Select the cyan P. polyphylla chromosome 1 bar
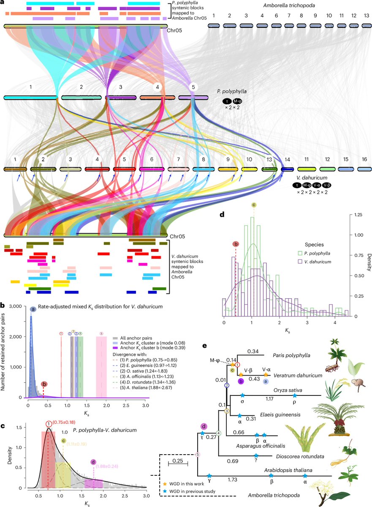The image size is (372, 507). pyautogui.click(x=30, y=98)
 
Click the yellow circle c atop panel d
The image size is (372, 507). pyautogui.click(x=253, y=205)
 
